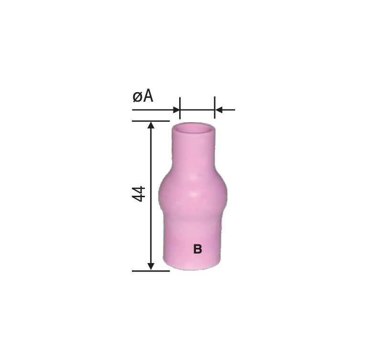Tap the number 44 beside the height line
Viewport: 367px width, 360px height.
click(139, 194)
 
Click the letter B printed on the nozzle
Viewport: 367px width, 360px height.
click(197, 249)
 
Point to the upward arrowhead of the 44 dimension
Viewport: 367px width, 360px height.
click(151, 125)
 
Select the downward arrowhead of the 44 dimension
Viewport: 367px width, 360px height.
click(151, 267)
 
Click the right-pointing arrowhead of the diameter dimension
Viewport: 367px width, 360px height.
click(176, 109)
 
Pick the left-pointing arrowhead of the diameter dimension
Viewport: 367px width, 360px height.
click(218, 109)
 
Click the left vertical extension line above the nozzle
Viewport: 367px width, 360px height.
click(180, 108)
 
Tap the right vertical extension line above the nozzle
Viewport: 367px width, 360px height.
click(215, 107)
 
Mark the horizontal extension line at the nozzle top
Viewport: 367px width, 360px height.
click(151, 121)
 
